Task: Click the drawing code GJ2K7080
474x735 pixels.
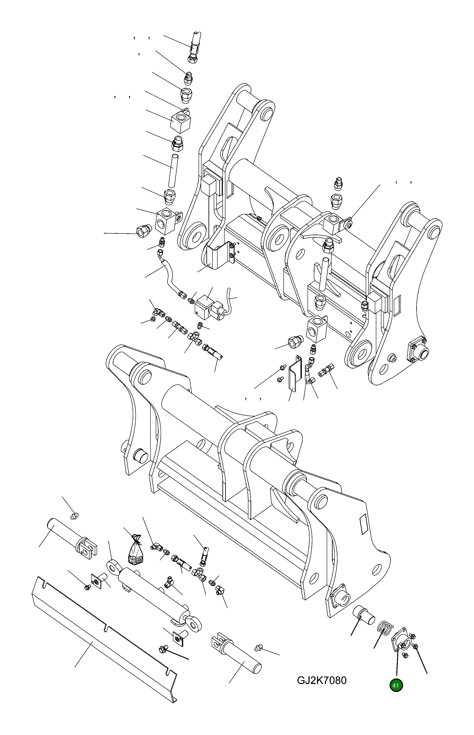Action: [x=321, y=680]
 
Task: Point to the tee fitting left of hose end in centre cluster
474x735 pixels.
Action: [x=195, y=336]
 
